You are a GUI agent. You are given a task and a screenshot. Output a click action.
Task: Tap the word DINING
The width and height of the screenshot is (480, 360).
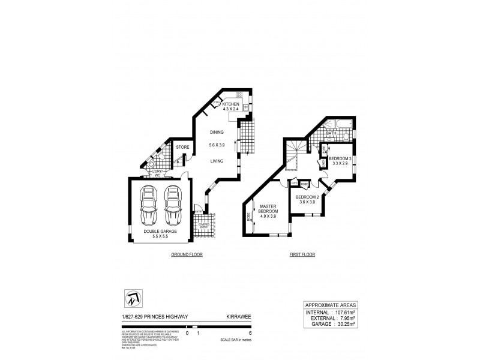(217, 132)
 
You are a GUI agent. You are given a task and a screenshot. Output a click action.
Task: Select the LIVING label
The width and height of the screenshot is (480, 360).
(217, 160)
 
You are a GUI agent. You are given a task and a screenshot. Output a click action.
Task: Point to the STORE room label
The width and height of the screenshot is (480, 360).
(182, 146)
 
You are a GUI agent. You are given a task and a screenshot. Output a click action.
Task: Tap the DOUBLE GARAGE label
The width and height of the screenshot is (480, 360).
(160, 230)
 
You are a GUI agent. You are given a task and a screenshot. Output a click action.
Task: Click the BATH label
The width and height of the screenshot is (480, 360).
(331, 134)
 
